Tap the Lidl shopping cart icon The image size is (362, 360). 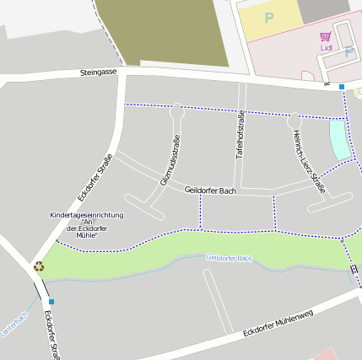pos(326,36)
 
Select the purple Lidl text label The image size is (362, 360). pos(327,48)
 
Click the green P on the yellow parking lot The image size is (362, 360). pos(269,17)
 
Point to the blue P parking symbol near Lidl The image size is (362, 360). pos(349,51)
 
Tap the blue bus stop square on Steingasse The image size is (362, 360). pos(342,87)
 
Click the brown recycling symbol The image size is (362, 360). pos(39,266)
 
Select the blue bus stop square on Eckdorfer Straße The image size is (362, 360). pos(51,301)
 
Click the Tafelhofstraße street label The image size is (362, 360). pos(240,135)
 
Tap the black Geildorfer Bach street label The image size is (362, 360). pos(209,191)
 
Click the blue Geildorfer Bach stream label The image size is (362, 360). pos(230,258)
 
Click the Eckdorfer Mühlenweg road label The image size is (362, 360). pos(278,322)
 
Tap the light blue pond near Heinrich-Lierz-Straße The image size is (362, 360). pos(338,139)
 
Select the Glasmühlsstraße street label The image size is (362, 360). pos(170,160)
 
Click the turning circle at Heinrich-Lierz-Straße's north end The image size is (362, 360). pos(294,121)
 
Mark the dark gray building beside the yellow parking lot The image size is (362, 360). pos(324,9)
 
